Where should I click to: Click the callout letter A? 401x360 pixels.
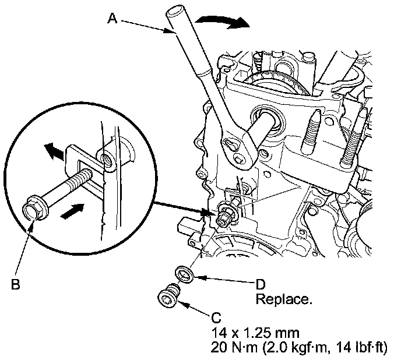(x=113, y=18)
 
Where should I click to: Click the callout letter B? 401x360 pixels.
(x=16, y=285)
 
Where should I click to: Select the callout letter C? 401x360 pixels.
(x=216, y=318)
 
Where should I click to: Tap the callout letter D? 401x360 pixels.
(x=262, y=285)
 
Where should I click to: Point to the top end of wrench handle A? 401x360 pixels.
(x=174, y=10)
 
